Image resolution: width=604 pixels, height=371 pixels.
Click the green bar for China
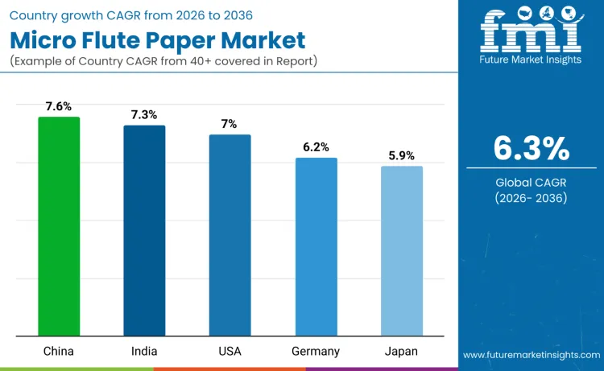(59, 226)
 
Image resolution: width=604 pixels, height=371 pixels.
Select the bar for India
(144, 230)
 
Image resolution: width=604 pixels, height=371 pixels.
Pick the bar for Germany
(316, 246)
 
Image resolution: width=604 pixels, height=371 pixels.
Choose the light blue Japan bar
(401, 250)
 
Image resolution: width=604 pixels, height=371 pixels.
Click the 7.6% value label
(59, 106)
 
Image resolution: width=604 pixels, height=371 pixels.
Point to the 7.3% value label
(144, 115)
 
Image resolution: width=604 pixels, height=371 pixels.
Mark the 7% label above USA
(230, 124)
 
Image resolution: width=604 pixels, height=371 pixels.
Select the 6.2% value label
(316, 147)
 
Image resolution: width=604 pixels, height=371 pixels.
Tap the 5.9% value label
(401, 155)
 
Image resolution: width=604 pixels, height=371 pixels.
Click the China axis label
(59, 352)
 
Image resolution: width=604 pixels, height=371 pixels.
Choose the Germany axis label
(316, 352)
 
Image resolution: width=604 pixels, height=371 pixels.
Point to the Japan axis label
(401, 352)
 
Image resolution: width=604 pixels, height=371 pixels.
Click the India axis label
(144, 352)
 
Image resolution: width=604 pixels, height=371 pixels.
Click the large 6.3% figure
(532, 149)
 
